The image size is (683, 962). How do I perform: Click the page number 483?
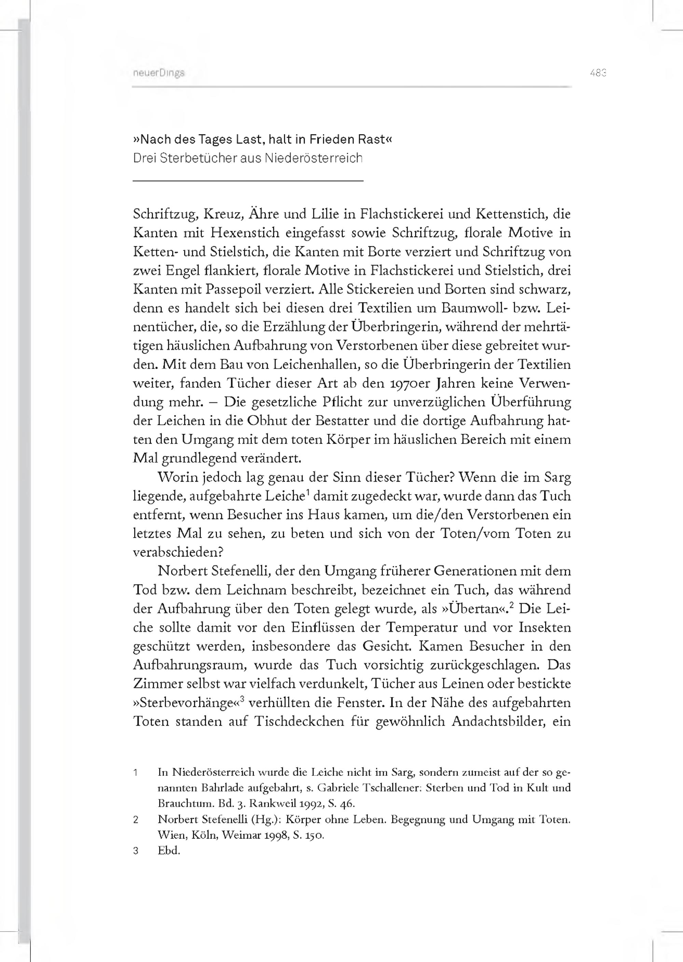(x=598, y=73)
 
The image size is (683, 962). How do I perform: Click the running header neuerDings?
(x=158, y=73)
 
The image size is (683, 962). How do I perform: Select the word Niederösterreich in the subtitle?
(x=313, y=158)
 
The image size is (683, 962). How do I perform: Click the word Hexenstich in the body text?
(x=245, y=233)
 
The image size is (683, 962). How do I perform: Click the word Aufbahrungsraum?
(x=187, y=665)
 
